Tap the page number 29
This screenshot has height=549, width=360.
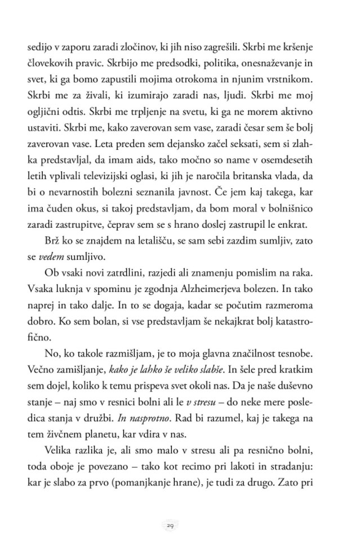pyautogui.click(x=170, y=524)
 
